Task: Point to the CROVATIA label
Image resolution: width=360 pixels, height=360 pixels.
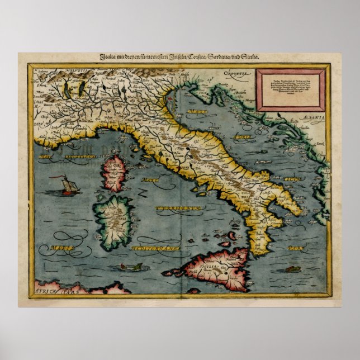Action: coord(233,73)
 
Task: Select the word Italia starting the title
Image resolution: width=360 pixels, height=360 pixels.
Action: coord(107,56)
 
